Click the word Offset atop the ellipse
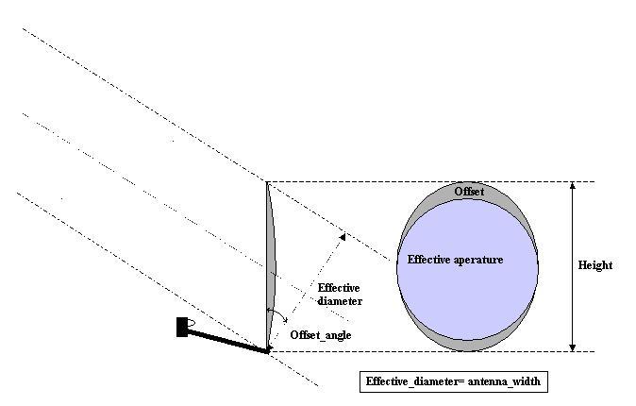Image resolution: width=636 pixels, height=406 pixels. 469,192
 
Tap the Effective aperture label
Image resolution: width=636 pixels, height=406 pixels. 455,260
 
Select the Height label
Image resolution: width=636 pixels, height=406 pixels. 595,265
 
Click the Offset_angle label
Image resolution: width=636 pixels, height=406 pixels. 321,335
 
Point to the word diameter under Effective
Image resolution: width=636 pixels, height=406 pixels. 340,301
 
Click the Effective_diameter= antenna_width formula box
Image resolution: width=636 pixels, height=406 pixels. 454,381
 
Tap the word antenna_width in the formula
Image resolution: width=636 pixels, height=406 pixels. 504,381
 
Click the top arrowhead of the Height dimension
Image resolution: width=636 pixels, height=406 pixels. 573,186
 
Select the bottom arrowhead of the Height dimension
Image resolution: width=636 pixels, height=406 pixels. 573,347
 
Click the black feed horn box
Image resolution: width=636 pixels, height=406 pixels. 182,327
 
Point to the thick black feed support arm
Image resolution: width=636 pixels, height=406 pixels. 227,341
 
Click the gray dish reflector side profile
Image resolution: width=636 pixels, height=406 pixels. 271,266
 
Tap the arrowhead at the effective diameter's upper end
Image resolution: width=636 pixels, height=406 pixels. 343,236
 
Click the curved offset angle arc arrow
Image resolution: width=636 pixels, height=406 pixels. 277,313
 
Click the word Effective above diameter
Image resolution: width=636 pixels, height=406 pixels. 339,288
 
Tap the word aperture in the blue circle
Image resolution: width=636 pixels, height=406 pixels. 479,261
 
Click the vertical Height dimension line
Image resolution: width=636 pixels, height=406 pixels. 573,267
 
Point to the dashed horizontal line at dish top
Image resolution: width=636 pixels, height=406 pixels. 430,182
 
